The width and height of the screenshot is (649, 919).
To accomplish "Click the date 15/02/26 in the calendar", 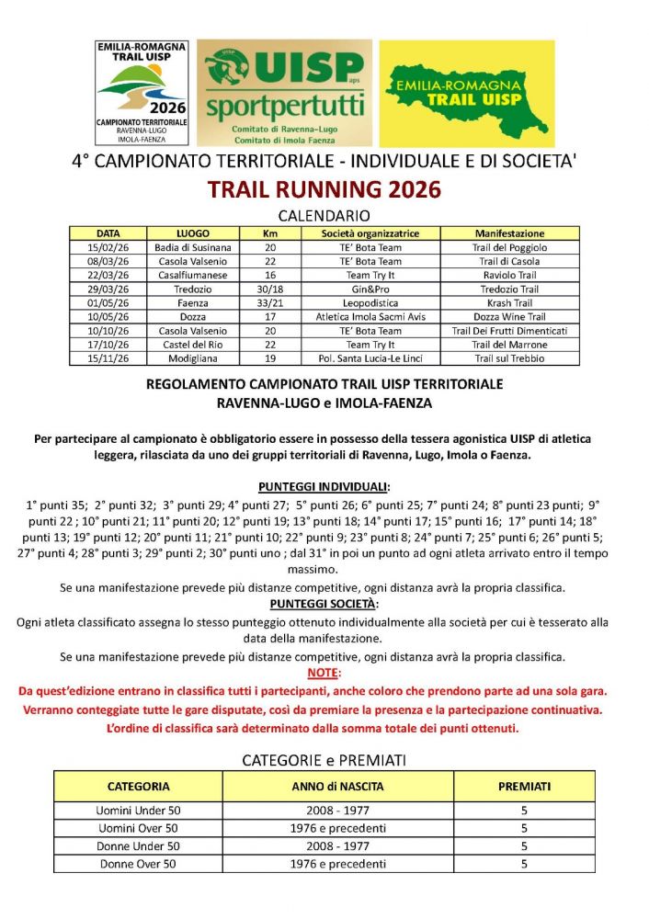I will [108, 247].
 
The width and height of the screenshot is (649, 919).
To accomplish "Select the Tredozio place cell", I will [193, 289].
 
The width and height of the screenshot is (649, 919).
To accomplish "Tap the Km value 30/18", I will [270, 289].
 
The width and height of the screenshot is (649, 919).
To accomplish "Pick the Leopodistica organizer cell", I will [370, 302].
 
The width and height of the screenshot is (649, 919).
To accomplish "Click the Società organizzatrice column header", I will [370, 233].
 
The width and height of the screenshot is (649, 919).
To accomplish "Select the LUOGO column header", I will [193, 233].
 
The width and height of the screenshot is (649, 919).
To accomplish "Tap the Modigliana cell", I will [193, 357].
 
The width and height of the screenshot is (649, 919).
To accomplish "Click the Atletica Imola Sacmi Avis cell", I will [370, 316].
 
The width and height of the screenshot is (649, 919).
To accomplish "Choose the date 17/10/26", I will [108, 344].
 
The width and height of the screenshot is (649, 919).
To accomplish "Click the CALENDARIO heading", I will [324, 216].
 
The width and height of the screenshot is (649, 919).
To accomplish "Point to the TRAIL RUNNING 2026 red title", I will [324, 190].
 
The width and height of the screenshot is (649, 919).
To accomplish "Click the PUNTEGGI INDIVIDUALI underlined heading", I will [324, 486].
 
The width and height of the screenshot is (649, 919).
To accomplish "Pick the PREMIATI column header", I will [524, 787].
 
